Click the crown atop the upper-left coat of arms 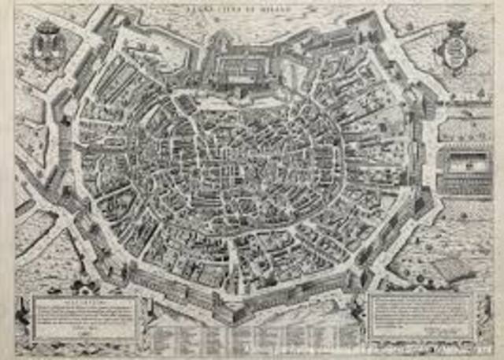(x=46, y=26)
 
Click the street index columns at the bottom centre (x=252, y=335)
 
